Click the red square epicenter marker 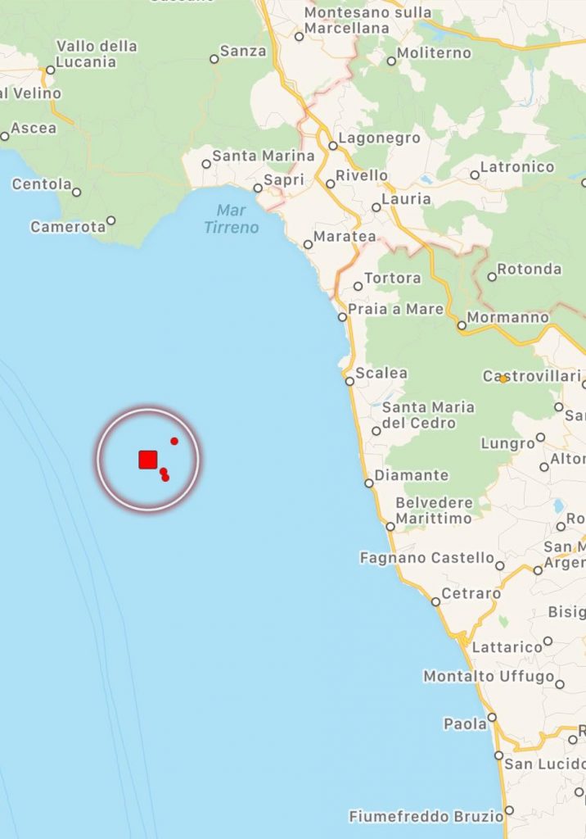pyautogui.click(x=147, y=459)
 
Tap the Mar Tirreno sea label pyautogui.click(x=231, y=220)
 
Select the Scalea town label pyautogui.click(x=381, y=373)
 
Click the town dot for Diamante pyautogui.click(x=369, y=483)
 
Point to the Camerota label pyautogui.click(x=68, y=226)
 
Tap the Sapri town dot pyautogui.click(x=258, y=188)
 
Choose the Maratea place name pyautogui.click(x=346, y=237)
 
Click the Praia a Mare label pyautogui.click(x=395, y=310)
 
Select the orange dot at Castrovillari pyautogui.click(x=503, y=379)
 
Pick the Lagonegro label pyautogui.click(x=379, y=138)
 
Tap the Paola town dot pyautogui.click(x=492, y=717)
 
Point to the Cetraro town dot pyautogui.click(x=435, y=601)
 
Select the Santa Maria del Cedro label pyautogui.click(x=428, y=415)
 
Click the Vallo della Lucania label pyautogui.click(x=97, y=54)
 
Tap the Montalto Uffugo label pyautogui.click(x=489, y=676)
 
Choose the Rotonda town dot pyautogui.click(x=492, y=277)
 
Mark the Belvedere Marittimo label pyautogui.click(x=434, y=510)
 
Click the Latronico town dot pyautogui.click(x=475, y=175)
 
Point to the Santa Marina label pyautogui.click(x=263, y=155)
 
